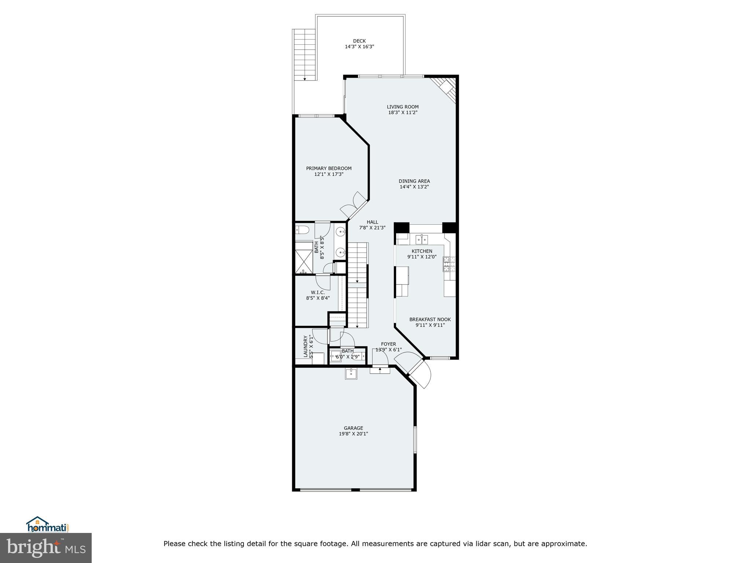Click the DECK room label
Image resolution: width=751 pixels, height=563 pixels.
359,41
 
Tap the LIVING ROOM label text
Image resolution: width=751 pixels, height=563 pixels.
403,107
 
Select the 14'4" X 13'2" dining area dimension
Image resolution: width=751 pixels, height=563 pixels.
414,187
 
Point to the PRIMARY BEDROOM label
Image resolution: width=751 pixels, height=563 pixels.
329,168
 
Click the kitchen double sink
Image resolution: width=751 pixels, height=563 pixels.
422,240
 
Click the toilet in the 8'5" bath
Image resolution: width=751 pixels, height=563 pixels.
303,230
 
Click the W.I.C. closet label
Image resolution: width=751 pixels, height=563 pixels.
318,292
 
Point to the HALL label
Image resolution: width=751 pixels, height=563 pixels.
372,222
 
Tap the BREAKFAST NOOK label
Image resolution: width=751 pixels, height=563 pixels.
430,319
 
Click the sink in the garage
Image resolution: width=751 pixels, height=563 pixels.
351,374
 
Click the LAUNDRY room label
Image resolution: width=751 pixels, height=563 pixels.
305,346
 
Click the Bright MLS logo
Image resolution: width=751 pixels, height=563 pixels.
45,548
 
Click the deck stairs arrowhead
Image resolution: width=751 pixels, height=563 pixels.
305,79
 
